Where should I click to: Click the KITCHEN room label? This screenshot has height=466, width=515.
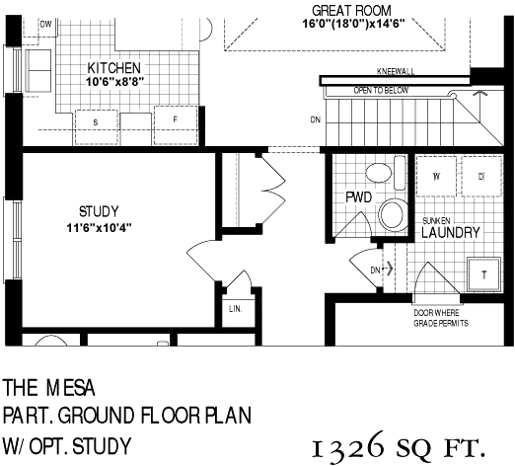coord(113,68)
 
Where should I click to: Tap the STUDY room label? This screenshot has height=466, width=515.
coord(99,211)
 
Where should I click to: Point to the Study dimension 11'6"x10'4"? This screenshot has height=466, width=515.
coord(100,228)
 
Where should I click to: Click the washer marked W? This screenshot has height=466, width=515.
coord(436,177)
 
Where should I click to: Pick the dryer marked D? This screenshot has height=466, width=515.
coord(481,177)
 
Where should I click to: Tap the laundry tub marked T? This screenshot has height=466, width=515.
coord(484,274)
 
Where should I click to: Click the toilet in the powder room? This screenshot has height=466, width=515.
coord(394,214)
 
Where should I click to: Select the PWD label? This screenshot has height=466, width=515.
coord(359,197)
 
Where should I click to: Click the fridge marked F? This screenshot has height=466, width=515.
coord(176,125)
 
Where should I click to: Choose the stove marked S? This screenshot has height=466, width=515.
coord(96,127)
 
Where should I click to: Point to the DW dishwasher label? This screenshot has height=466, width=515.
coord(46,24)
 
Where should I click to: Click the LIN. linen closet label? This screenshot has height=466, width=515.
coord(236,309)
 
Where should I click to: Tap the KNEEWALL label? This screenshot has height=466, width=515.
coord(396,71)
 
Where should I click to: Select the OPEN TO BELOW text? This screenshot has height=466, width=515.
coord(381,90)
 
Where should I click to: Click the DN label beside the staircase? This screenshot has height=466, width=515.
coord(316,119)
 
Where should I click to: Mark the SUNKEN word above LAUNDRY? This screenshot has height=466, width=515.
coord(436,220)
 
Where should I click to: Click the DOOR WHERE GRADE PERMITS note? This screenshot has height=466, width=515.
coord(441,318)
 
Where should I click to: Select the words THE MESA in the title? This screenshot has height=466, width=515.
coord(49,388)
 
